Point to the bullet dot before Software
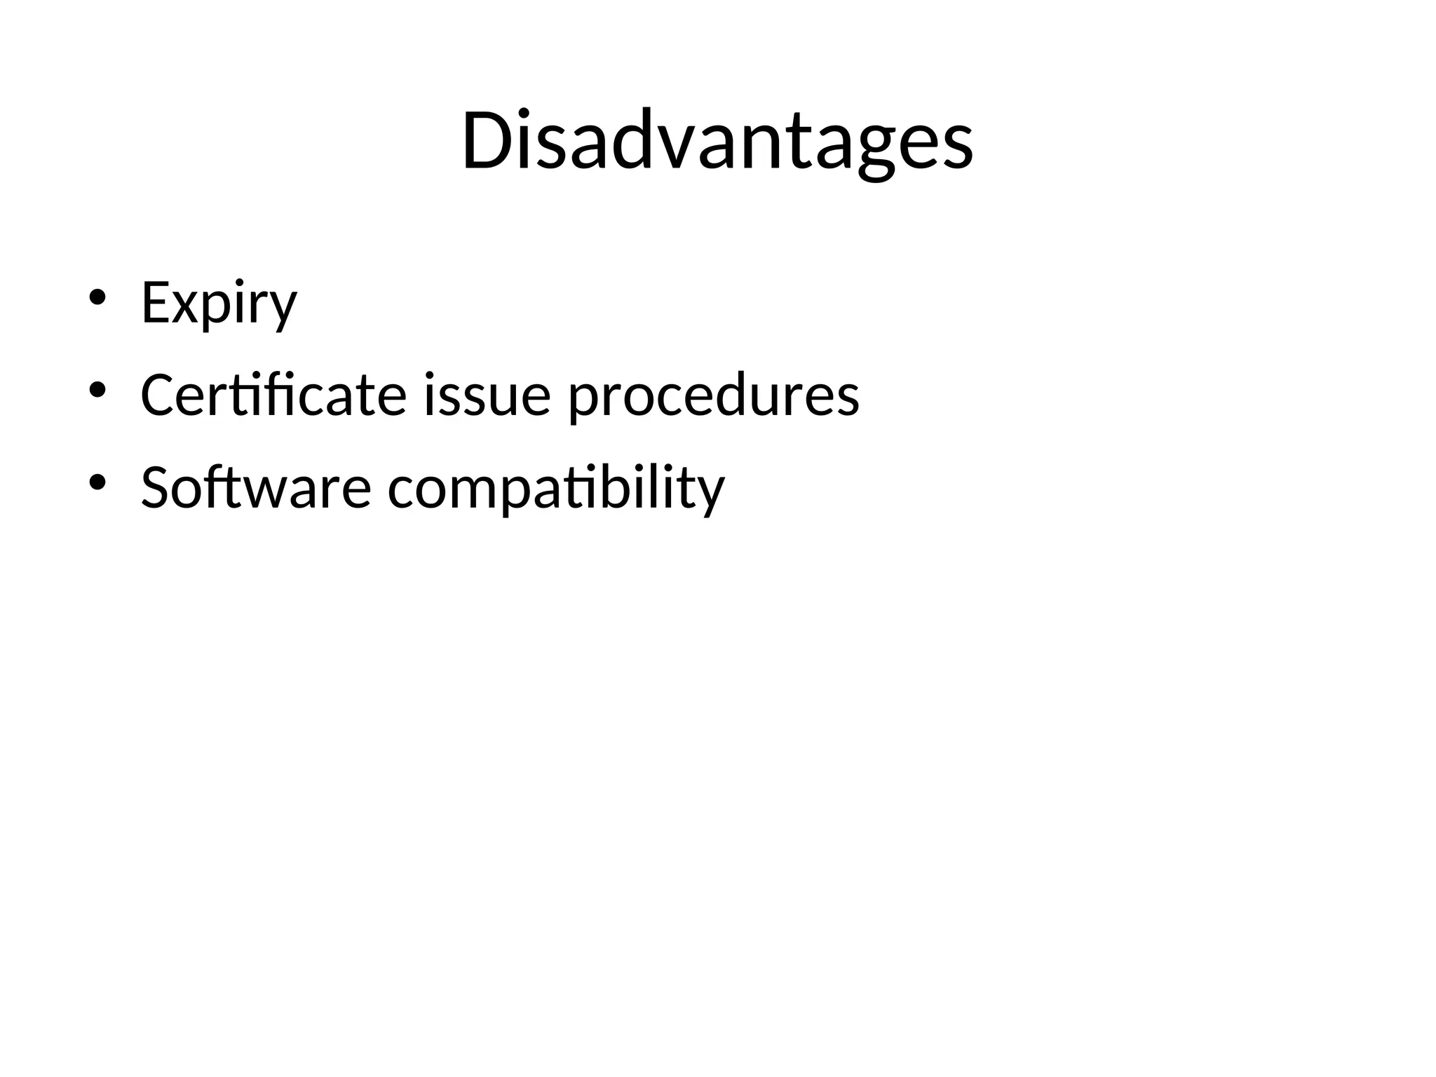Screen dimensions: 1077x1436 [97, 482]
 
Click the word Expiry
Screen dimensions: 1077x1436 [219, 303]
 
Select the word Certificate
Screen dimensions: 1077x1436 [273, 395]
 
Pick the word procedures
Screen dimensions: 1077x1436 [713, 395]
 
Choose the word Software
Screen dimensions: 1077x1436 [255, 487]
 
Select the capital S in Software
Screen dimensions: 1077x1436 [157, 487]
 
